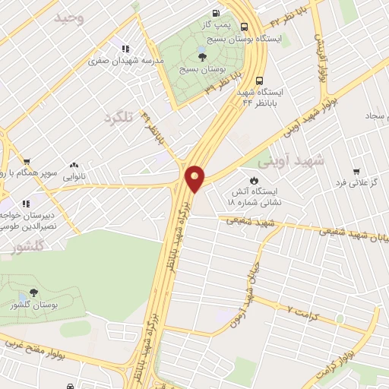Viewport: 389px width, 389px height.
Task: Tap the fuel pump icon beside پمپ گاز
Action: tap(217, 13)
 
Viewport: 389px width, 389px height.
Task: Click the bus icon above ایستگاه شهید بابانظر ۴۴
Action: tap(261, 81)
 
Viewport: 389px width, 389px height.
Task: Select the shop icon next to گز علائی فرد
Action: tap(356, 171)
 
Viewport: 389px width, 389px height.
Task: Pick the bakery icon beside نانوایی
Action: tap(74, 163)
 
